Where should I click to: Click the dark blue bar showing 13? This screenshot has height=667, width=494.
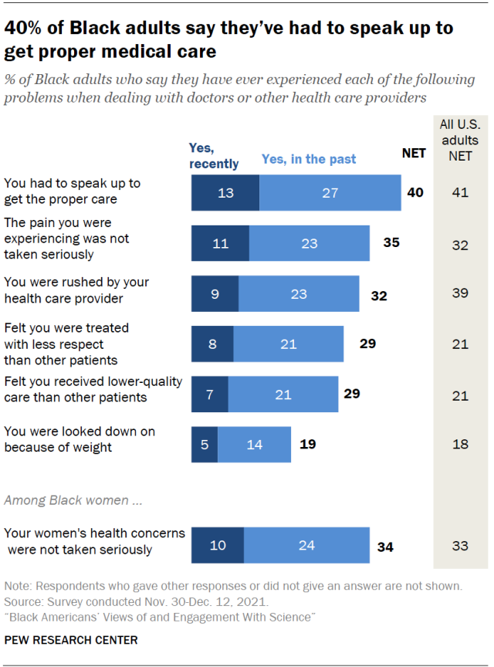point(225,193)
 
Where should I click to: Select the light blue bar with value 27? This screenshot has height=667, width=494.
point(330,193)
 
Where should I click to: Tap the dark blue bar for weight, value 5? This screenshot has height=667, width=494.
point(205,444)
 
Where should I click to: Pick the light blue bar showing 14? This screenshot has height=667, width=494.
point(254,444)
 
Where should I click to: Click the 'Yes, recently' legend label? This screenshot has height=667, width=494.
point(214,157)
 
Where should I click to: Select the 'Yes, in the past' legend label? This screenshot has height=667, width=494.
point(309,159)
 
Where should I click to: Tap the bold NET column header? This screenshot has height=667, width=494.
point(414,154)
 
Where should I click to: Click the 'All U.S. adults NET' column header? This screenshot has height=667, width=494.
point(459,141)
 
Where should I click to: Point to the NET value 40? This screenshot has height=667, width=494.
point(415,193)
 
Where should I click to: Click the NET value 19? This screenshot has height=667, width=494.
point(307,444)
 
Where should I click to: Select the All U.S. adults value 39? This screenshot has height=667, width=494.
point(460,294)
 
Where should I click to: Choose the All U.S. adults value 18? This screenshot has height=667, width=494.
point(460,444)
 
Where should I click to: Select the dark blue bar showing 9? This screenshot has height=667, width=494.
point(215,294)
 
